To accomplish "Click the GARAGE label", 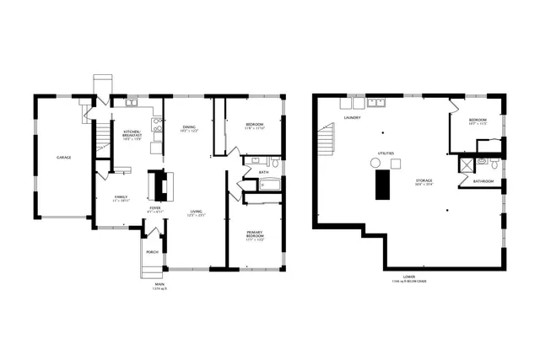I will pos(63,158).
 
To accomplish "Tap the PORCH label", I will pos(152,251).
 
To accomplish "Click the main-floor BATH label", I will pos(264,172).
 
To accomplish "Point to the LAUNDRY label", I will pos(353,118).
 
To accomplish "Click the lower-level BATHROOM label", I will pos(483,181).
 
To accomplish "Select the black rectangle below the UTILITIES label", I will pos(384,182).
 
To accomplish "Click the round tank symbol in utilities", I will pos(375,162).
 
